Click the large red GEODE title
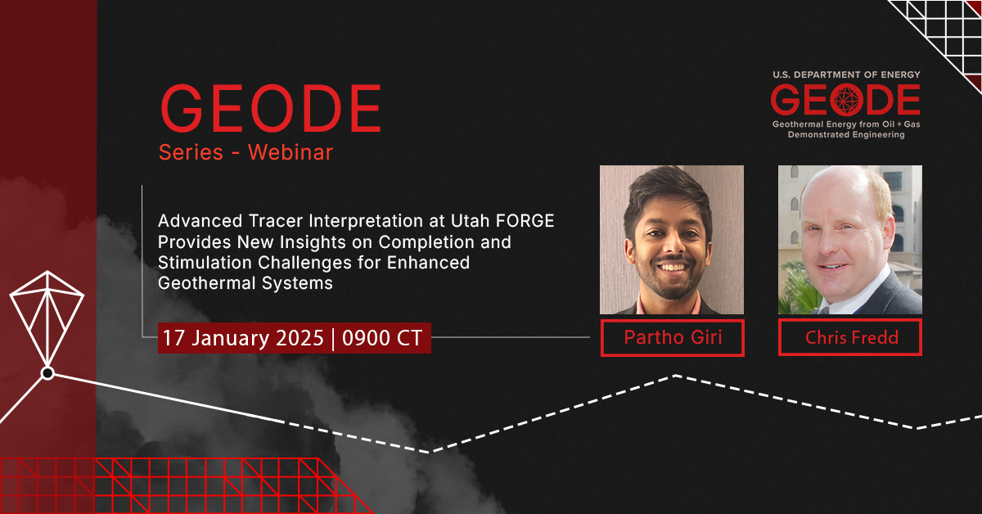[271, 109]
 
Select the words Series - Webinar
[245, 152]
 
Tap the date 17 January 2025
[243, 338]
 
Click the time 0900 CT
[381, 338]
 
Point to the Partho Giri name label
[672, 338]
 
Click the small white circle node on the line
[47, 373]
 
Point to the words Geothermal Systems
[245, 283]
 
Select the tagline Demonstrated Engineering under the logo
[845, 135]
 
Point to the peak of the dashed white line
[676, 376]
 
